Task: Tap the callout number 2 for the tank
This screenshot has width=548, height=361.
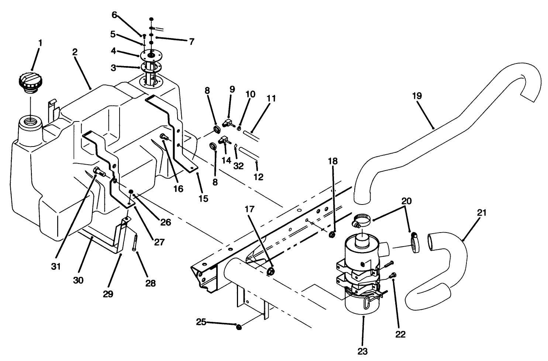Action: click(75, 52)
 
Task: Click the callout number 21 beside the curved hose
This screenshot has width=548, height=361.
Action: click(482, 213)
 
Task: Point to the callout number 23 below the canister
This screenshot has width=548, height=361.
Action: click(363, 351)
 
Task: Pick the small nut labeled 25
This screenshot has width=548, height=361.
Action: click(239, 326)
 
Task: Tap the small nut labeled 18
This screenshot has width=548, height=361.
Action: click(332, 235)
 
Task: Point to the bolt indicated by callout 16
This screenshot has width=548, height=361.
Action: click(163, 138)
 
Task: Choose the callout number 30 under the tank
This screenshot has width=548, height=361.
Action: click(78, 281)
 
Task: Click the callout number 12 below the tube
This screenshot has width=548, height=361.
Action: click(259, 177)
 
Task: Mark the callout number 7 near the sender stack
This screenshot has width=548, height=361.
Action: click(192, 42)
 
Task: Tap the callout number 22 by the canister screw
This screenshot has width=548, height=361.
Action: click(400, 334)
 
